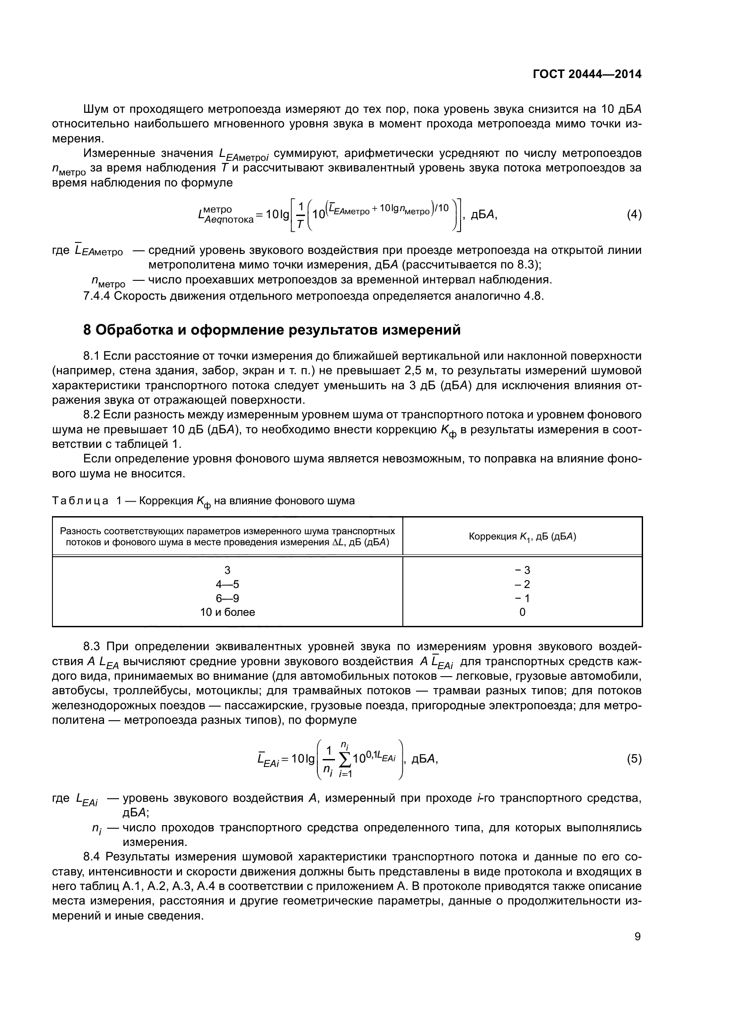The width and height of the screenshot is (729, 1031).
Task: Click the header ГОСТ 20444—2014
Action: click(x=587, y=74)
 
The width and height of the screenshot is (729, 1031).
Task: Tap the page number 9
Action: click(x=637, y=936)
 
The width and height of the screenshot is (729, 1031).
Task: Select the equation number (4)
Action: click(x=634, y=215)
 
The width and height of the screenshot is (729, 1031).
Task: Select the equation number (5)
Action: click(x=634, y=759)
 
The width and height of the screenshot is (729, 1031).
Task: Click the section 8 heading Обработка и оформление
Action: click(x=272, y=330)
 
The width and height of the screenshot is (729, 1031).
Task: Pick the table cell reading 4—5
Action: click(x=227, y=584)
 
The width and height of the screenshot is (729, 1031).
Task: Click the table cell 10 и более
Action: click(x=227, y=612)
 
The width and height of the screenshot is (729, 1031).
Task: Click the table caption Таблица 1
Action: click(x=81, y=501)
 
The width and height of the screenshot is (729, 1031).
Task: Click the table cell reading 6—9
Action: click(x=227, y=598)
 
